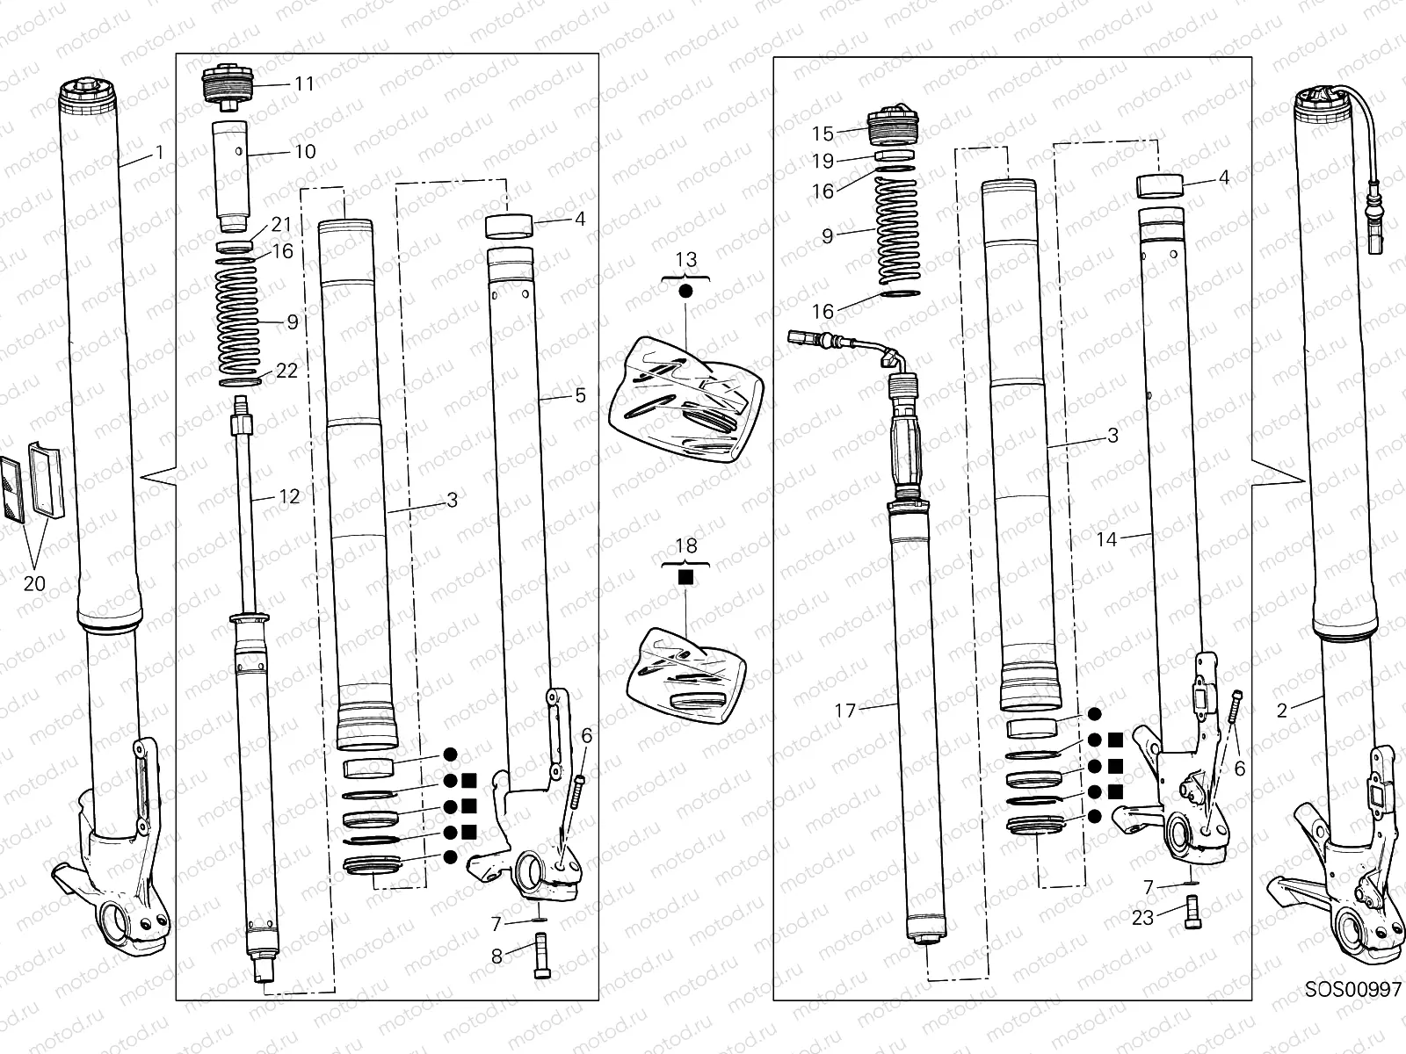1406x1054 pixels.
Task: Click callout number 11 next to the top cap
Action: tap(304, 84)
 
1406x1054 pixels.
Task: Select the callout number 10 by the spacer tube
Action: tap(304, 152)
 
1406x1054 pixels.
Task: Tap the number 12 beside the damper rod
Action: tap(289, 497)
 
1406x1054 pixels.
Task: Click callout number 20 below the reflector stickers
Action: tap(35, 583)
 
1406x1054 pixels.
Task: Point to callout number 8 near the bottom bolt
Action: tap(496, 957)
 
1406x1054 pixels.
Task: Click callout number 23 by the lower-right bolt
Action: tap(1142, 918)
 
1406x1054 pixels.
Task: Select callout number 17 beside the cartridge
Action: tap(844, 711)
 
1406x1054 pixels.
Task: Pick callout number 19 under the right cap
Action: tap(823, 162)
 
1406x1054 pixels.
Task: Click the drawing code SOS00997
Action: tap(1352, 990)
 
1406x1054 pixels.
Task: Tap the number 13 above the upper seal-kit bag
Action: tap(685, 260)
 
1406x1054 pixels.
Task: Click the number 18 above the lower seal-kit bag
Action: tap(685, 546)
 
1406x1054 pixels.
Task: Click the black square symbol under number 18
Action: tap(686, 576)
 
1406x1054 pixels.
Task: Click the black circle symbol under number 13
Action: tap(685, 289)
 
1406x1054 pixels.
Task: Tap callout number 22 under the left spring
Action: tap(286, 371)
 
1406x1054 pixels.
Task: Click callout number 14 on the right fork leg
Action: tap(1106, 540)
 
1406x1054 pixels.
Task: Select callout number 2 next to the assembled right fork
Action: tap(1282, 711)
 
